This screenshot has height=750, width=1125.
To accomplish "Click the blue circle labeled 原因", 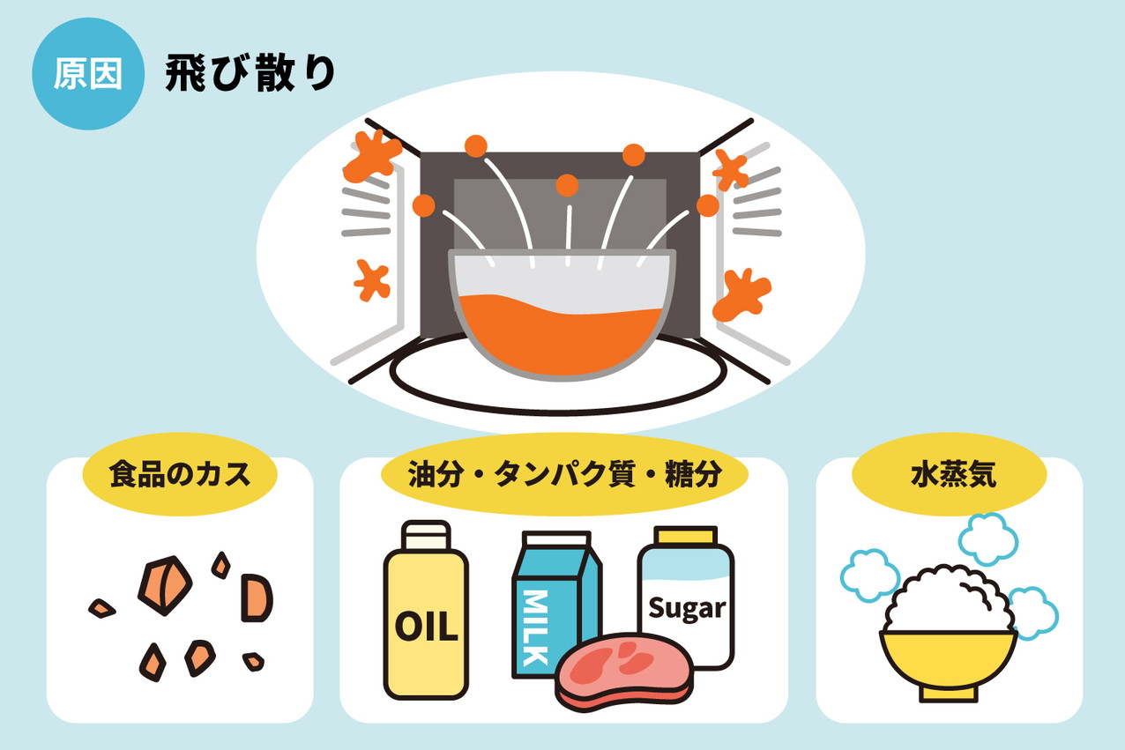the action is click(88, 74).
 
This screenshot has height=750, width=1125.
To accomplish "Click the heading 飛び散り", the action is click(250, 73).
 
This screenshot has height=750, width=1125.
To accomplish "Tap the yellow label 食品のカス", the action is click(180, 474).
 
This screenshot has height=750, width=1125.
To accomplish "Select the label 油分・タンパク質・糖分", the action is click(564, 474).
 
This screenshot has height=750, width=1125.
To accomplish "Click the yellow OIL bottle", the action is click(426, 610).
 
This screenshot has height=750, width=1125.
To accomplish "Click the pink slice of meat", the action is click(624, 672).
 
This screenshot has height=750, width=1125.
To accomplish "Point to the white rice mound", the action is click(948, 600).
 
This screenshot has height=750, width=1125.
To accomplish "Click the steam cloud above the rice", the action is click(987, 539).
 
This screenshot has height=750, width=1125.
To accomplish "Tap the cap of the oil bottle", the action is click(426, 536).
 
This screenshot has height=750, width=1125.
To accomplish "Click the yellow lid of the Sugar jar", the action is click(687, 535).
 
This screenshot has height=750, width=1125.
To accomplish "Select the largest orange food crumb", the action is click(165, 585).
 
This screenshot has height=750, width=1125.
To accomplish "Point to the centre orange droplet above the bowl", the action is click(567, 186).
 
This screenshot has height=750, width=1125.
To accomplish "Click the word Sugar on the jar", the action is click(687, 608).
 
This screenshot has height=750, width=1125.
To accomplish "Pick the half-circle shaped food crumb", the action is click(257, 598).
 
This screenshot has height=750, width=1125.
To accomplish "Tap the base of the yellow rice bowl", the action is click(949, 694).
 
